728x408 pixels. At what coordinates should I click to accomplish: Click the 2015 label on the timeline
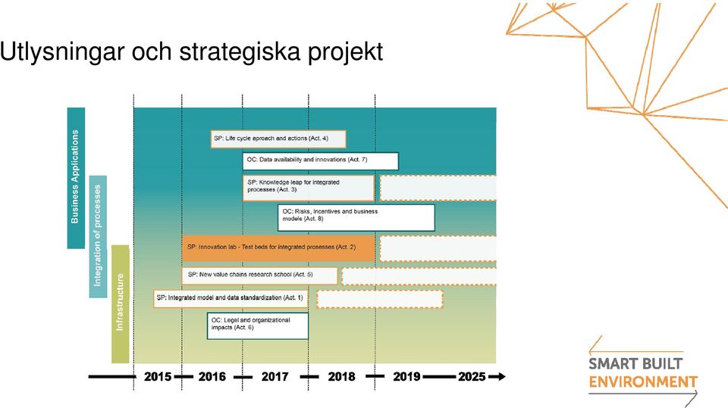click(158, 376)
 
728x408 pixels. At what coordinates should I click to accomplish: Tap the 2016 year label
click(212, 376)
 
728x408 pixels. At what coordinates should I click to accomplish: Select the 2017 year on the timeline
click(275, 376)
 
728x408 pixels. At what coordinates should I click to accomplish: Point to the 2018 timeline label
click(342, 376)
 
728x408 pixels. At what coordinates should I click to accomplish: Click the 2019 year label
click(406, 376)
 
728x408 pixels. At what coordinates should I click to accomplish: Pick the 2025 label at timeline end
click(472, 376)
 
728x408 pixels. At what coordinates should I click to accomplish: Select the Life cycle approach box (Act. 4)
click(278, 139)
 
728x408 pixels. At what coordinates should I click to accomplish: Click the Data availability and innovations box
click(320, 161)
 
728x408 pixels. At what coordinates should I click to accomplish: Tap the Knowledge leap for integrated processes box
click(309, 188)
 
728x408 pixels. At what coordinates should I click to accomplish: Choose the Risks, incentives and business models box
click(356, 217)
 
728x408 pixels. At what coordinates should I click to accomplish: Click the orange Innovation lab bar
click(278, 248)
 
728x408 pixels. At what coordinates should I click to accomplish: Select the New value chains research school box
click(259, 276)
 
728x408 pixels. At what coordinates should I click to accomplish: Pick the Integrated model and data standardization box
click(231, 298)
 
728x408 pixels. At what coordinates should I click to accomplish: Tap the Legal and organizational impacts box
click(258, 326)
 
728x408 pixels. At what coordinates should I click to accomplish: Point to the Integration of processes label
click(97, 235)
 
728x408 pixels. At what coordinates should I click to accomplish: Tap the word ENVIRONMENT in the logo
click(643, 382)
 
